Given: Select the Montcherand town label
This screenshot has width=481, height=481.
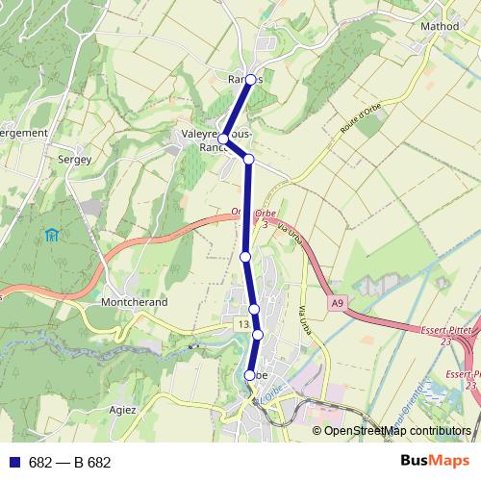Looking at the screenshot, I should [134, 301].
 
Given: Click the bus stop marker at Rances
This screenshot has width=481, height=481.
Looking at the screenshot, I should [251, 80].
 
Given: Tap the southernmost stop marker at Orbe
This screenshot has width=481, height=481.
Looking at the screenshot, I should [250, 375].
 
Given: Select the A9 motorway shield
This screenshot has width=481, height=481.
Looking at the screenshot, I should [335, 303].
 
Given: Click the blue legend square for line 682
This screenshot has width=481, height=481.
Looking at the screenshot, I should [14, 463].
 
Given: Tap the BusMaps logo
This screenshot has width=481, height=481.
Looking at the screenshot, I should [436, 462].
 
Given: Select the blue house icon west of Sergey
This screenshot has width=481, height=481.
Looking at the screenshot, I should [51, 235].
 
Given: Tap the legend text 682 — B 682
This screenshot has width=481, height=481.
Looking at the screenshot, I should [69, 463].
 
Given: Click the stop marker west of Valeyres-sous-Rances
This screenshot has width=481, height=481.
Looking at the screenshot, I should [223, 139].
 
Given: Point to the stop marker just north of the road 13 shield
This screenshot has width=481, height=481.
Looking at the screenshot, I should [254, 309].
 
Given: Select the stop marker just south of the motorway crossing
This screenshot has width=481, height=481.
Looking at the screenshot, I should [245, 257].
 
